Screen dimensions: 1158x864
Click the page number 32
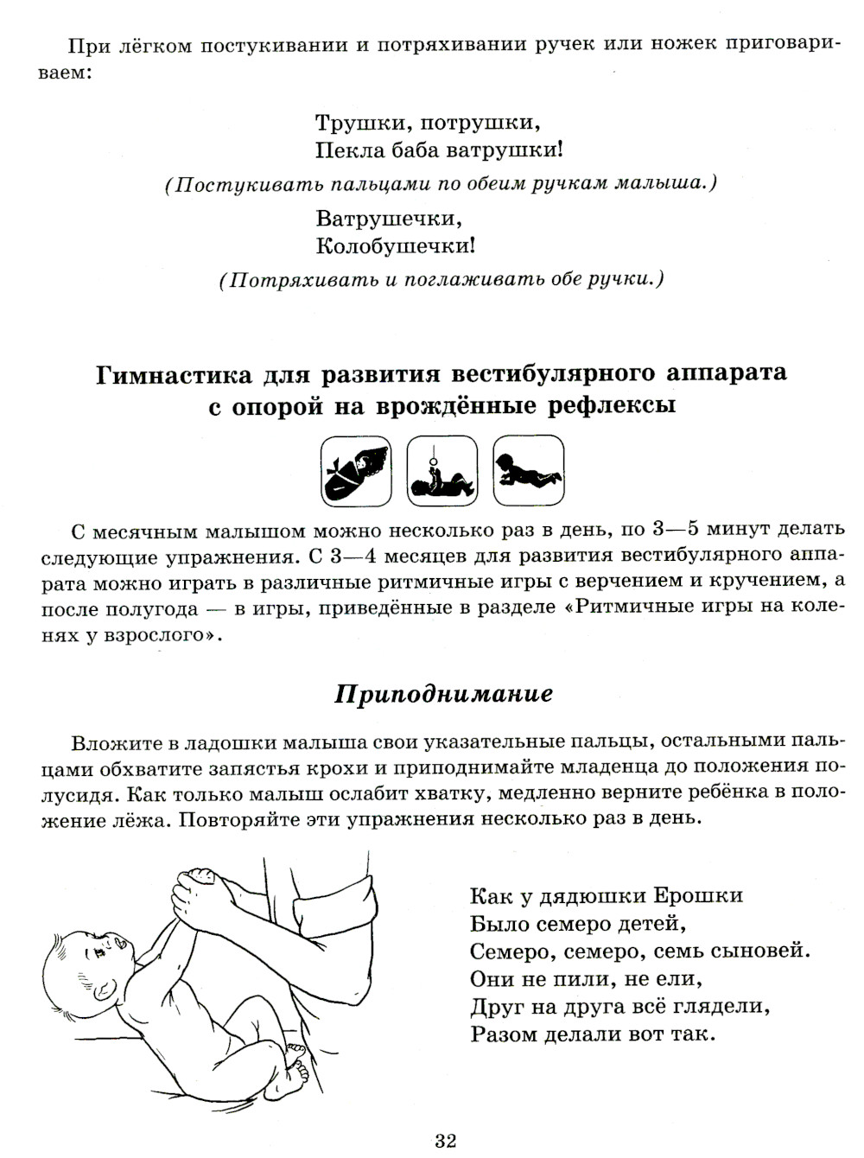click(x=445, y=1141)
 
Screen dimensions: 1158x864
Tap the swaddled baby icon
click(x=355, y=471)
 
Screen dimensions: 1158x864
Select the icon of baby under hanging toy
click(x=442, y=471)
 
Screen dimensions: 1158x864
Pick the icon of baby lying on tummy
click(x=528, y=471)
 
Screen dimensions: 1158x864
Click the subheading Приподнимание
click(x=443, y=694)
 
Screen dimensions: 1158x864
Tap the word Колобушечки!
click(x=396, y=246)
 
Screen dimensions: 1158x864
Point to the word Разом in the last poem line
click(x=505, y=1034)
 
